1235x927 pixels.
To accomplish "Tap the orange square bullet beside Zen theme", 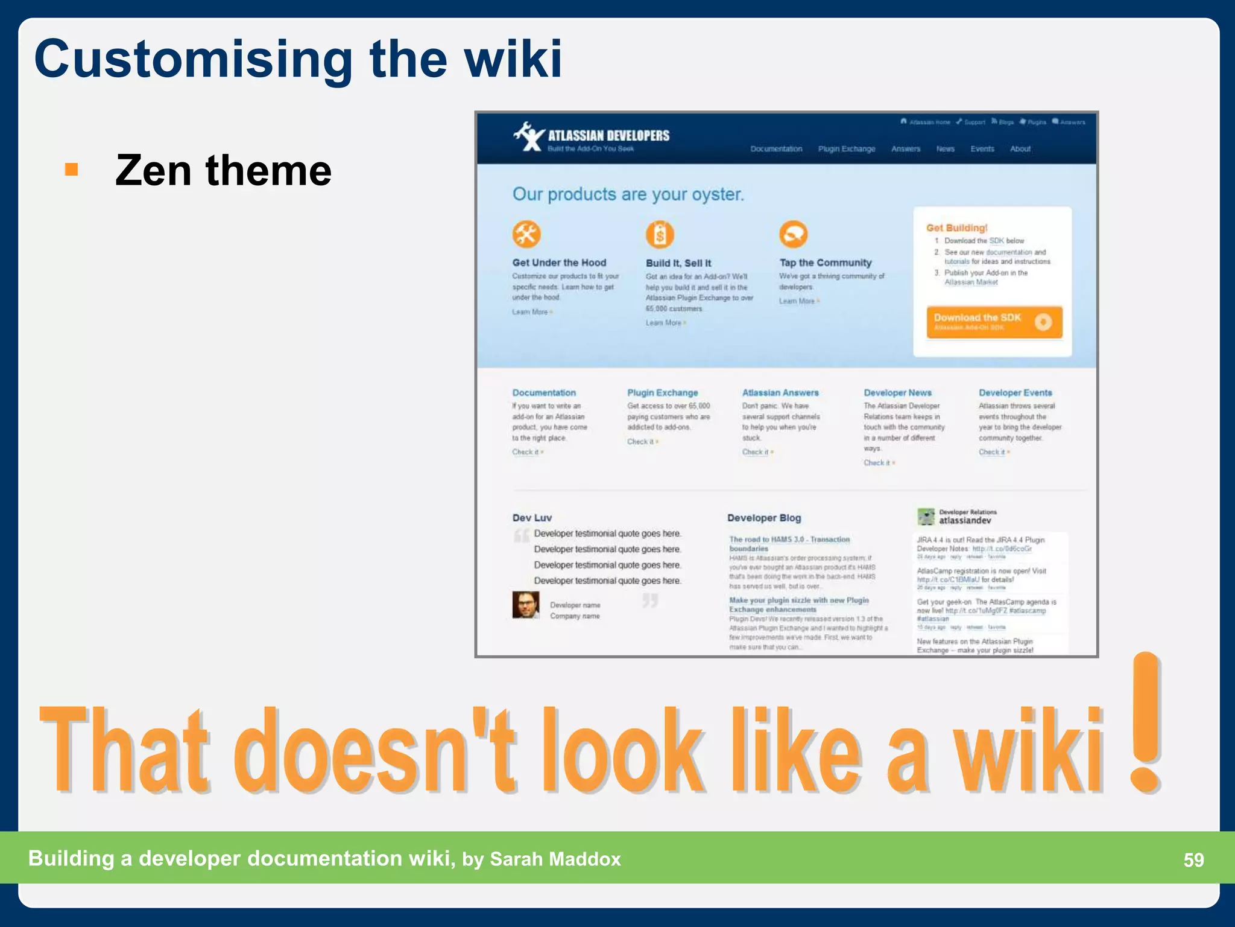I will pyautogui.click(x=71, y=169).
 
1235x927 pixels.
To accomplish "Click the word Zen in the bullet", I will pyautogui.click(x=153, y=170).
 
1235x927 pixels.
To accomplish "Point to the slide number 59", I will pyautogui.click(x=1193, y=859).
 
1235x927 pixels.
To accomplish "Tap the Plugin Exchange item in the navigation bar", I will pyautogui.click(x=846, y=149).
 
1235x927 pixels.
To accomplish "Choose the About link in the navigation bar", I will pyautogui.click(x=1020, y=149).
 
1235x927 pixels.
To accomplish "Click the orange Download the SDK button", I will pyautogui.click(x=993, y=322).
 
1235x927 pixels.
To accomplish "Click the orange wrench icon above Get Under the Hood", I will pyautogui.click(x=526, y=234).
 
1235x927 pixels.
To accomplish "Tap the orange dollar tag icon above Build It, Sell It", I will pyautogui.click(x=660, y=234).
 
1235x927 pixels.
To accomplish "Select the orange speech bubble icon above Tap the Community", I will pyautogui.click(x=793, y=234).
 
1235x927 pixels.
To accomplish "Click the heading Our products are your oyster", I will pyautogui.click(x=628, y=194).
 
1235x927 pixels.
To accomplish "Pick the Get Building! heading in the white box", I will pyautogui.click(x=956, y=228).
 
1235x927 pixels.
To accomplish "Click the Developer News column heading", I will pyautogui.click(x=897, y=393).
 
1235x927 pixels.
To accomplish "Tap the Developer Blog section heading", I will pyautogui.click(x=763, y=518).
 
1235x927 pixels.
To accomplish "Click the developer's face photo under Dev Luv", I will pyautogui.click(x=526, y=604).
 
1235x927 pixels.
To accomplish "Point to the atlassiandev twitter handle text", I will pyautogui.click(x=964, y=521).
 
